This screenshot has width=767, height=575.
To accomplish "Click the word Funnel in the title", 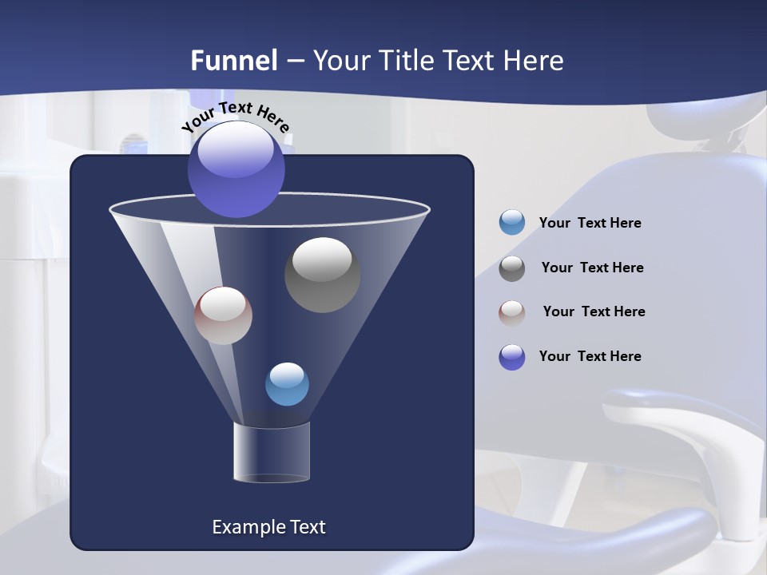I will [x=234, y=61].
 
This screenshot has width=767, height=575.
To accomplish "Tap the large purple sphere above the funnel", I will [x=236, y=169].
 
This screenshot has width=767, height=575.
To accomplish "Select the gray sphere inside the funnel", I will [x=322, y=275].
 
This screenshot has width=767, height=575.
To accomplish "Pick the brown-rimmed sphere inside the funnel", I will [x=223, y=315].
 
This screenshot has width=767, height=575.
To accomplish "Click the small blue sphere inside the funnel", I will [x=287, y=384].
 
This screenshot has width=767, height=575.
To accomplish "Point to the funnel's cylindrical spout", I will [x=271, y=452].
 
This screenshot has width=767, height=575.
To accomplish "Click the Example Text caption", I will [x=268, y=527].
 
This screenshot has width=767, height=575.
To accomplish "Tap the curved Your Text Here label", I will [x=236, y=117].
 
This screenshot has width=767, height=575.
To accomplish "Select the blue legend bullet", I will [x=512, y=223].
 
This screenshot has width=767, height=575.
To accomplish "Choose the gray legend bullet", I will [x=512, y=268].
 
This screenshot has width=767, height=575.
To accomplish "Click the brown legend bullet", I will [x=512, y=312].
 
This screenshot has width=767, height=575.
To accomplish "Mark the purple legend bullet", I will [x=512, y=357].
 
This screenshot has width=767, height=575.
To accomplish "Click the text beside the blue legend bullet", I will [x=590, y=224].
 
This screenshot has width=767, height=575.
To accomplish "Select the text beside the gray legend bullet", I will [x=592, y=268].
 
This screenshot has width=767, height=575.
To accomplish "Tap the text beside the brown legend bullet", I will [x=594, y=312].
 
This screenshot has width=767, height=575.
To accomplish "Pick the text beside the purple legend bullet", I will [x=590, y=357].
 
